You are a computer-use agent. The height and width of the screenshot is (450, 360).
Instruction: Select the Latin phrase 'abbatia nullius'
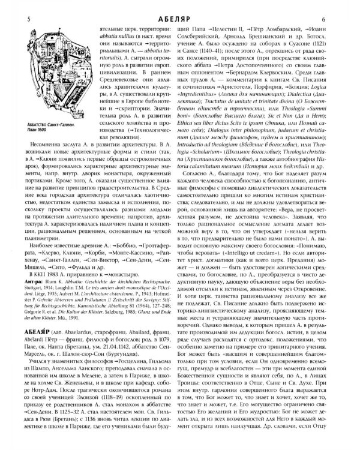[x=110, y=36]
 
